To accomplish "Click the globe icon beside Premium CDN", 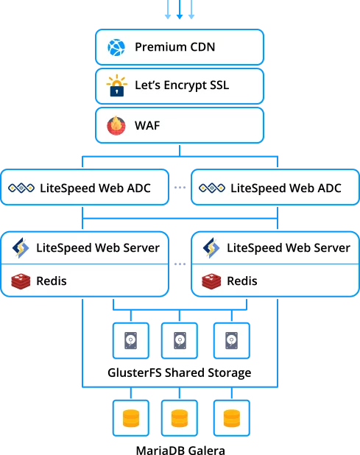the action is [x=116, y=47].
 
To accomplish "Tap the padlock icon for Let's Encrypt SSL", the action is [x=116, y=85].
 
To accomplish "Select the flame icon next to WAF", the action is [x=116, y=126].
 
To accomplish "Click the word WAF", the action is [x=147, y=126].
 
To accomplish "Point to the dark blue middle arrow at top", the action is [x=180, y=10].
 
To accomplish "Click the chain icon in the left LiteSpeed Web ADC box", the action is [x=21, y=188].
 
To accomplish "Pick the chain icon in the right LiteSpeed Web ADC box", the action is [x=212, y=188].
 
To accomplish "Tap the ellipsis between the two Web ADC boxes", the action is [x=180, y=188].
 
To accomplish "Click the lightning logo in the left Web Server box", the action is [x=21, y=248].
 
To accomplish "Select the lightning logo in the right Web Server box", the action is [x=211, y=248].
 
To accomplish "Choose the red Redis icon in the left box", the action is [x=21, y=281].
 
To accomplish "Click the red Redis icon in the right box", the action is [x=211, y=281].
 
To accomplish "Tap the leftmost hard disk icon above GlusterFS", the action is [x=131, y=341].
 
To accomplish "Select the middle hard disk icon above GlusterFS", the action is [x=180, y=341].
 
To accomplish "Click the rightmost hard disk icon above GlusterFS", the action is [x=231, y=341].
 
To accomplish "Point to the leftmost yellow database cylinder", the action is [x=131, y=418].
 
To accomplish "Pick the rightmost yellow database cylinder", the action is [x=232, y=418].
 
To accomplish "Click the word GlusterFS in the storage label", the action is [x=135, y=373].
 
